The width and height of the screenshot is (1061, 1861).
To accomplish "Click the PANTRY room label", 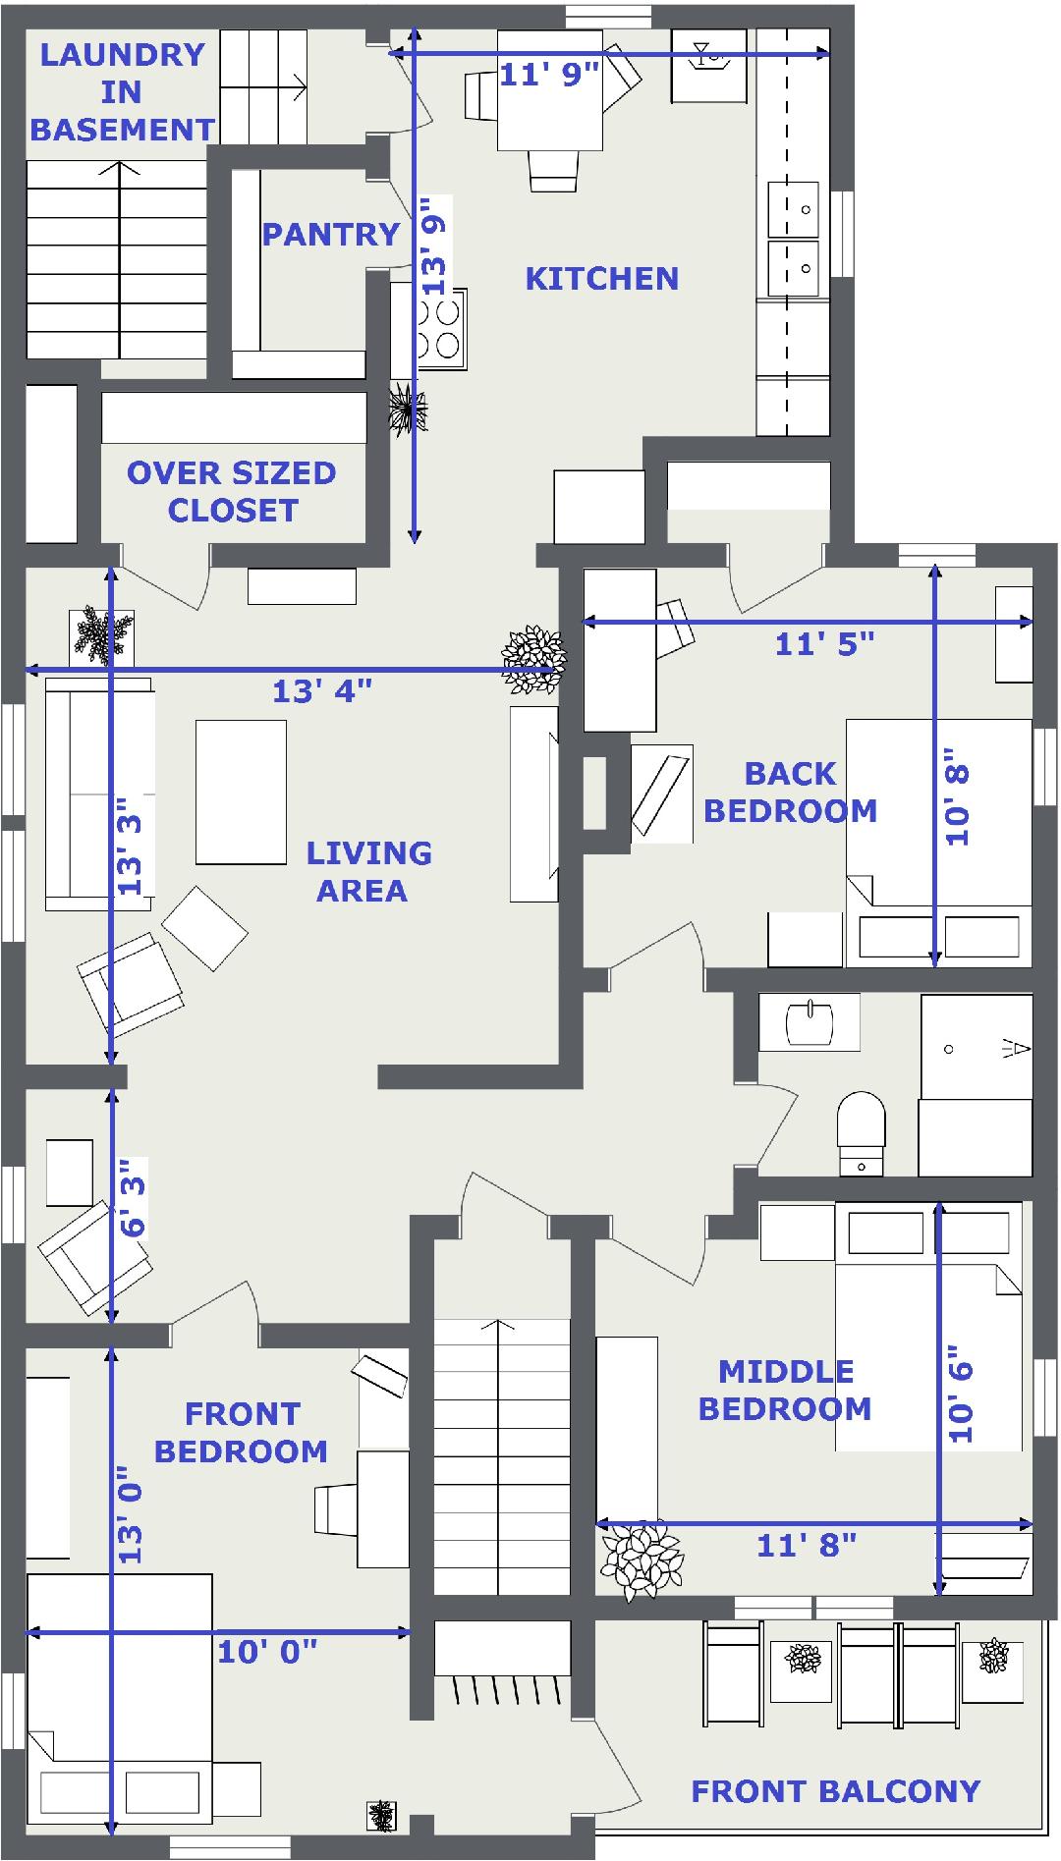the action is click(331, 235).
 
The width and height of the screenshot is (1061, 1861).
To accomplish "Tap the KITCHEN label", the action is click(602, 279).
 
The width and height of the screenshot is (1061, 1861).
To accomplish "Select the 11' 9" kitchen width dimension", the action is click(549, 74).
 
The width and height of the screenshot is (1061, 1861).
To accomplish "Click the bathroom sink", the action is click(810, 1021).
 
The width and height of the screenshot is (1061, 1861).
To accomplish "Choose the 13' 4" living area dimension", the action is click(322, 691).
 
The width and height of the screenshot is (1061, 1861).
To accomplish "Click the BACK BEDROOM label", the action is click(791, 793).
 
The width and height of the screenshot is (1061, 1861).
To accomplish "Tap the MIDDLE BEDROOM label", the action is click(785, 1391).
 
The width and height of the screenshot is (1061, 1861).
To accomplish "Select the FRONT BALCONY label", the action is click(836, 1791).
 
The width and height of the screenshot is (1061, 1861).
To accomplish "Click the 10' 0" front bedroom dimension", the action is click(267, 1652).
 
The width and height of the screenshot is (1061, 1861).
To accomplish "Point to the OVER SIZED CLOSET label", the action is click(232, 492).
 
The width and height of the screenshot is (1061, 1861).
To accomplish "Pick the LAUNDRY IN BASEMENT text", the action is click(122, 92).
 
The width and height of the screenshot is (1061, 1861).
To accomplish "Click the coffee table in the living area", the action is click(241, 792).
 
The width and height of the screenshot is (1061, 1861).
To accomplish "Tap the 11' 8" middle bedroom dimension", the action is click(807, 1546).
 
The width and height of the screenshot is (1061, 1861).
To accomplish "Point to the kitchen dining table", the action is click(549, 90).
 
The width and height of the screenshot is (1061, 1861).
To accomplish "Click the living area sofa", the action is click(98, 794).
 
